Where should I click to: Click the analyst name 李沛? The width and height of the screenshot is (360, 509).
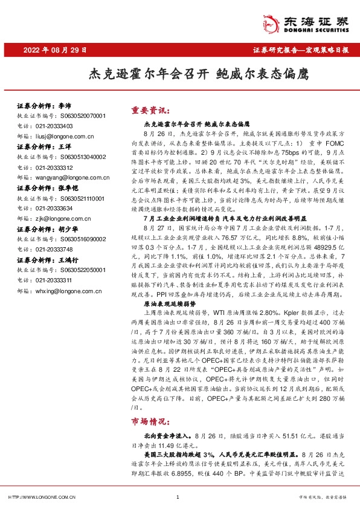65,105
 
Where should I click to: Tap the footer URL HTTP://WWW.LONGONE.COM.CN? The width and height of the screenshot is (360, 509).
41,497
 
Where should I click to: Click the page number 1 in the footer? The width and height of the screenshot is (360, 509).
177,497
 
